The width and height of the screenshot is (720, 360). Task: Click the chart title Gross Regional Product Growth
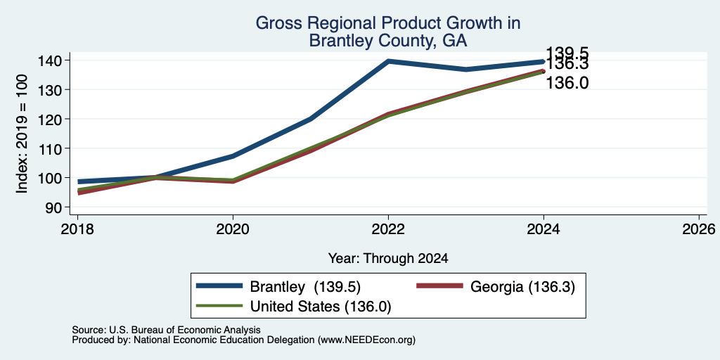coord(388,23)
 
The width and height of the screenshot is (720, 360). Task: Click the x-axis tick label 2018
coord(77,229)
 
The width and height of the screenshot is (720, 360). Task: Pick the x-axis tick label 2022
coord(388,229)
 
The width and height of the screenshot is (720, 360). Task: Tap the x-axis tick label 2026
coord(699,229)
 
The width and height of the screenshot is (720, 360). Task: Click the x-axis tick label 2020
coord(233,229)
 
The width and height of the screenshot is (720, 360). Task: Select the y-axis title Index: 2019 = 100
coord(22,134)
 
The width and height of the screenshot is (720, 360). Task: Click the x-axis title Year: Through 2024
coord(388,259)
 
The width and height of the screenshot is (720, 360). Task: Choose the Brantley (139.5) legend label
coord(305,287)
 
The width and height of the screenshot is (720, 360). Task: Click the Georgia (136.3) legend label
coord(522,287)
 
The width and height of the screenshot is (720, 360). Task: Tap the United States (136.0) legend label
coord(321,307)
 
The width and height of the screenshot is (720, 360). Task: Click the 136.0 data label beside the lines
coord(567,83)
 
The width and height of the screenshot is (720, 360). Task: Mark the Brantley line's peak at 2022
coord(388,61)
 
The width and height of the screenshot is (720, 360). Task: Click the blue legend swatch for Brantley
coord(219,285)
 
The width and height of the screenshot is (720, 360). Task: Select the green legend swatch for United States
coord(219,305)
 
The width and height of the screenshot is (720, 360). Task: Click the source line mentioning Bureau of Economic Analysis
coord(166,330)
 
